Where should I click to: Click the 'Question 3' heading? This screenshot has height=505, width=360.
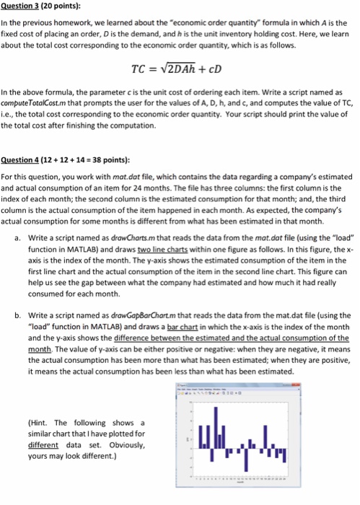tap(22, 6)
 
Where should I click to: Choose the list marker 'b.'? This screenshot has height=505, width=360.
tap(16, 315)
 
